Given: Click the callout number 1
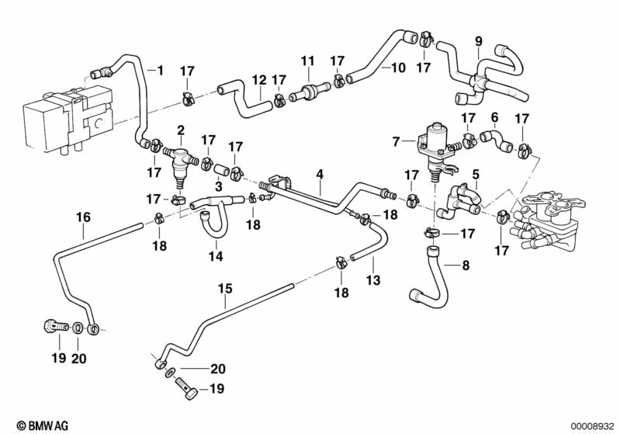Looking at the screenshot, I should (161, 71).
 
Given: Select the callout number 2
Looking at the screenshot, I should (180, 129).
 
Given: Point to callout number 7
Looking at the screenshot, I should (397, 141).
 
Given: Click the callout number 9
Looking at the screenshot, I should (478, 40).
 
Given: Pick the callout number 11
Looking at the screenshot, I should (308, 61).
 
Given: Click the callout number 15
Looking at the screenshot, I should (224, 288).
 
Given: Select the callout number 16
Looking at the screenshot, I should (82, 217).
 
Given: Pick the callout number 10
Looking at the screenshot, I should (398, 68).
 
